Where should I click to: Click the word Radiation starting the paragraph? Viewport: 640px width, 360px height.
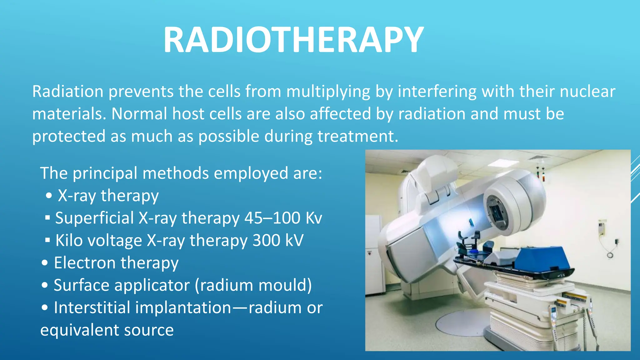67,92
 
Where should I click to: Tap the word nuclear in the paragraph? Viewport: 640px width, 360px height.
587,92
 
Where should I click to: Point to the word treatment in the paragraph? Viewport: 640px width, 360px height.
357,137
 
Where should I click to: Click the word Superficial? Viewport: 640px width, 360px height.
94,218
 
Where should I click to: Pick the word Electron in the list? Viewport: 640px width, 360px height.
85,263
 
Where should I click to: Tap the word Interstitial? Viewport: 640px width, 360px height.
92,308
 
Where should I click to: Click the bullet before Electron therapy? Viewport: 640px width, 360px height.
45,263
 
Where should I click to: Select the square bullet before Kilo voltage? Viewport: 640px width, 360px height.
47,240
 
